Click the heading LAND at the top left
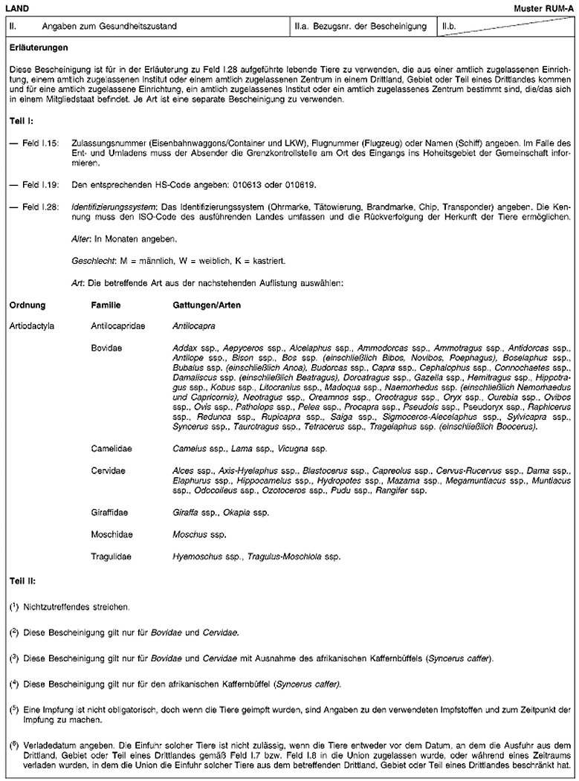click(16, 6)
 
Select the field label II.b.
click(450, 27)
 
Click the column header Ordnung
click(28, 305)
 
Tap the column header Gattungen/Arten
click(206, 305)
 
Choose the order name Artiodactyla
click(32, 325)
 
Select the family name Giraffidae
click(108, 513)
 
